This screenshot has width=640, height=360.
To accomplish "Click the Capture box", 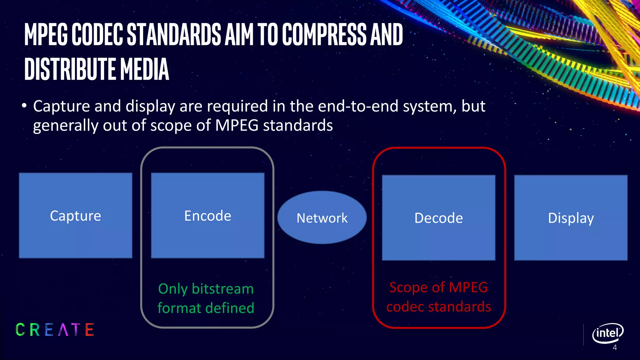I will [x=75, y=216].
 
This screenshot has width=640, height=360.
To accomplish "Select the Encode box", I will [x=207, y=216].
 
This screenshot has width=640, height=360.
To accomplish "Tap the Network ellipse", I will [x=322, y=217].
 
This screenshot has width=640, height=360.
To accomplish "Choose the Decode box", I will [x=438, y=218].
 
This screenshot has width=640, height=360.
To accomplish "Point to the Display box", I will [x=571, y=218].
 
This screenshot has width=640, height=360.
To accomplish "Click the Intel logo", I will [x=607, y=333].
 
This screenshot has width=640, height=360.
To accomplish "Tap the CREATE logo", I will [x=55, y=330].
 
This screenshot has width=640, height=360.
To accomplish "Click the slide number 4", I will [x=615, y=348].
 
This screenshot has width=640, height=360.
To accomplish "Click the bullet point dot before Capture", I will [x=24, y=106].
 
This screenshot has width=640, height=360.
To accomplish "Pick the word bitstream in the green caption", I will [x=222, y=288].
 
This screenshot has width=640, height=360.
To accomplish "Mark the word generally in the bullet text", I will [x=66, y=126].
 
